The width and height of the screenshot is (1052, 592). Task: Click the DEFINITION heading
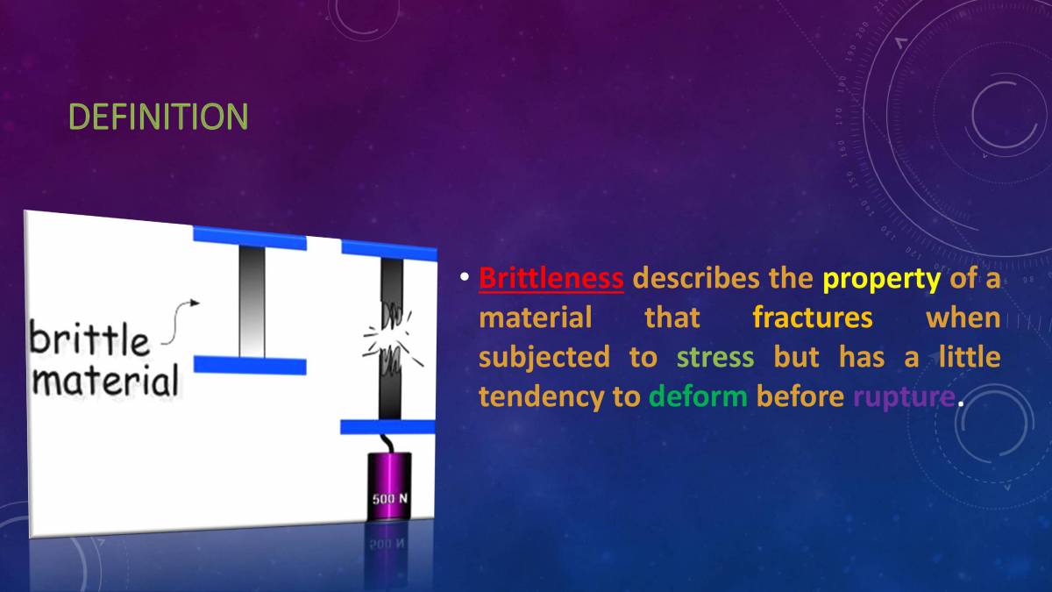(x=158, y=117)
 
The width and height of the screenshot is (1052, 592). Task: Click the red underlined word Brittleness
(x=551, y=279)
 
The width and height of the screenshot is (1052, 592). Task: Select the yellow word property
(x=880, y=279)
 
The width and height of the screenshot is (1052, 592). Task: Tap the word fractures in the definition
(x=812, y=317)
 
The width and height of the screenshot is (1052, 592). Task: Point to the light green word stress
(x=714, y=357)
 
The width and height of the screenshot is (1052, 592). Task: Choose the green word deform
(x=698, y=396)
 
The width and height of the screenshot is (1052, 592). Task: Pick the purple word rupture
(x=903, y=396)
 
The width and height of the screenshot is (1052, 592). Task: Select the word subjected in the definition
(x=544, y=357)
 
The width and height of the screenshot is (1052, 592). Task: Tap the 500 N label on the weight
(x=390, y=499)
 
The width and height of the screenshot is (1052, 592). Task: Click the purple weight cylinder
(x=390, y=487)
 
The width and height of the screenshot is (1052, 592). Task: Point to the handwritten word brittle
(x=89, y=339)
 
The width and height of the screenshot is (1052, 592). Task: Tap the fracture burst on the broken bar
(x=391, y=336)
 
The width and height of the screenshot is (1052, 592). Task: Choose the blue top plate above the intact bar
(x=250, y=237)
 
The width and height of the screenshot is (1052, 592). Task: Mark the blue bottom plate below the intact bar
(x=250, y=366)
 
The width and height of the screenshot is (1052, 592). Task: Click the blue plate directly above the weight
(x=387, y=427)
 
